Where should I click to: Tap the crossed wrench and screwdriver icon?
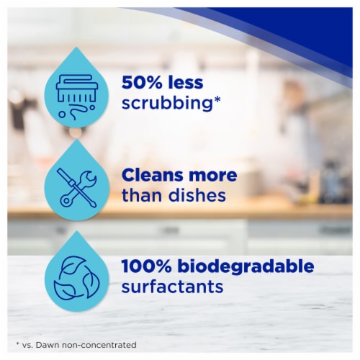pyautogui.click(x=77, y=188)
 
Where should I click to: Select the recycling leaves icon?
pyautogui.click(x=77, y=278)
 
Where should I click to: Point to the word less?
pyautogui.click(x=186, y=82)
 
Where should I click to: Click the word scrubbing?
pyautogui.click(x=168, y=104)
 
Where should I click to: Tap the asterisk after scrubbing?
pyautogui.click(x=217, y=100)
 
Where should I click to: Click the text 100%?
pyautogui.click(x=147, y=266)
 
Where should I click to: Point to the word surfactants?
pyautogui.click(x=172, y=287)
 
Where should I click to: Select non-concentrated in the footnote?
pyautogui.click(x=99, y=345)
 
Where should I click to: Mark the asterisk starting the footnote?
pyautogui.click(x=17, y=344)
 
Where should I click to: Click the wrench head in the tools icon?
pyautogui.click(x=90, y=178)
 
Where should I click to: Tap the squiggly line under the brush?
pyautogui.click(x=78, y=112)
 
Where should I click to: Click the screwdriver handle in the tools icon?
pyautogui.click(x=63, y=175)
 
